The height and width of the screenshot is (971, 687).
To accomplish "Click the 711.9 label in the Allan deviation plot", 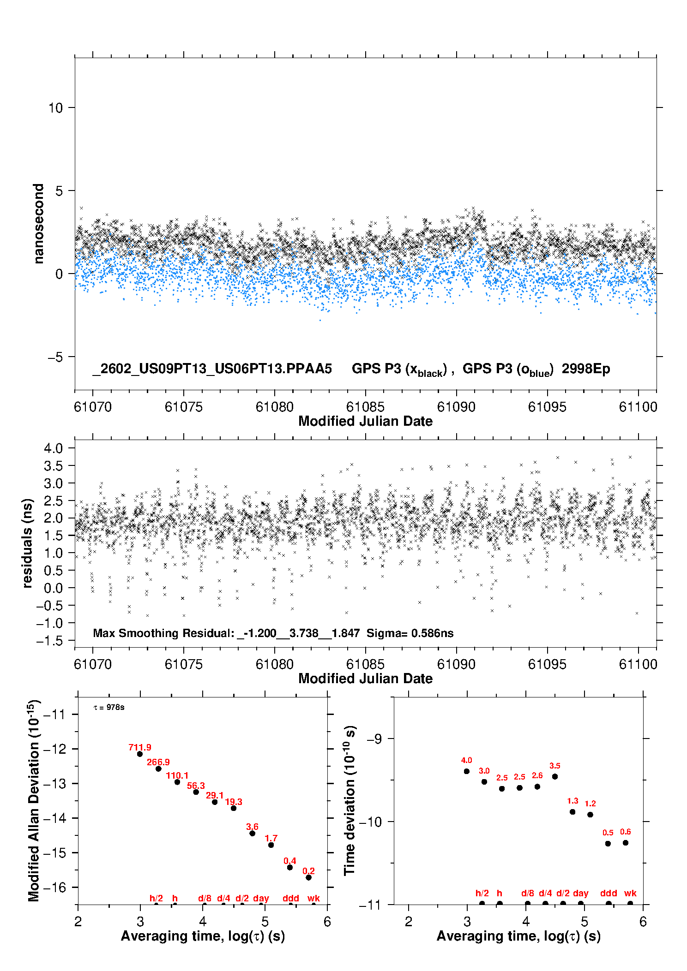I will pyautogui.click(x=139, y=747).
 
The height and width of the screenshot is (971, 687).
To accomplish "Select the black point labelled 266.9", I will pyautogui.click(x=158, y=768).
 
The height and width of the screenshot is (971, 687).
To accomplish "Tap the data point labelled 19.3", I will pyautogui.click(x=234, y=808).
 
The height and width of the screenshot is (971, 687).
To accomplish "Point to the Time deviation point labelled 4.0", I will pyautogui.click(x=466, y=771).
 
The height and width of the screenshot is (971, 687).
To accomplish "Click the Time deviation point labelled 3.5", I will pyautogui.click(x=555, y=776).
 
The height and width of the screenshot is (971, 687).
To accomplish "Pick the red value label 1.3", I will pyautogui.click(x=572, y=801).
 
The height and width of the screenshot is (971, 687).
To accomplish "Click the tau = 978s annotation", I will pyautogui.click(x=109, y=707).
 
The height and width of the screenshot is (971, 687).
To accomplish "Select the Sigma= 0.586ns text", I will pyautogui.click(x=410, y=633).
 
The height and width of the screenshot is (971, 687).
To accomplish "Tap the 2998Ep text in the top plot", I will pyautogui.click(x=586, y=369).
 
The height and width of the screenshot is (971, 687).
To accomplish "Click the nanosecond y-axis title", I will pyautogui.click(x=38, y=224).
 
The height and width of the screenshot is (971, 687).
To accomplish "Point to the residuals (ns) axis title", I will pyautogui.click(x=28, y=543).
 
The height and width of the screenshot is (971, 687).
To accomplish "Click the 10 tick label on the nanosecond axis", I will pyautogui.click(x=55, y=108).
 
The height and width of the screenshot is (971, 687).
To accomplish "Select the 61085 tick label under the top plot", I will pyautogui.click(x=365, y=407).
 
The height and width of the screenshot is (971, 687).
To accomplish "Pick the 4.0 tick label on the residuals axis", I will pyautogui.click(x=53, y=448).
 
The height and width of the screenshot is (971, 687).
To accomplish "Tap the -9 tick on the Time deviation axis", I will pyautogui.click(x=374, y=739).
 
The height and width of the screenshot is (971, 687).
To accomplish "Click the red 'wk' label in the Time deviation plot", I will pyautogui.click(x=630, y=893).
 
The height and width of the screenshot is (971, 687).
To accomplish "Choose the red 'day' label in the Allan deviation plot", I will pyautogui.click(x=261, y=898).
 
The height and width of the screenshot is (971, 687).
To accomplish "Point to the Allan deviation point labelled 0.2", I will pyautogui.click(x=308, y=877).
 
